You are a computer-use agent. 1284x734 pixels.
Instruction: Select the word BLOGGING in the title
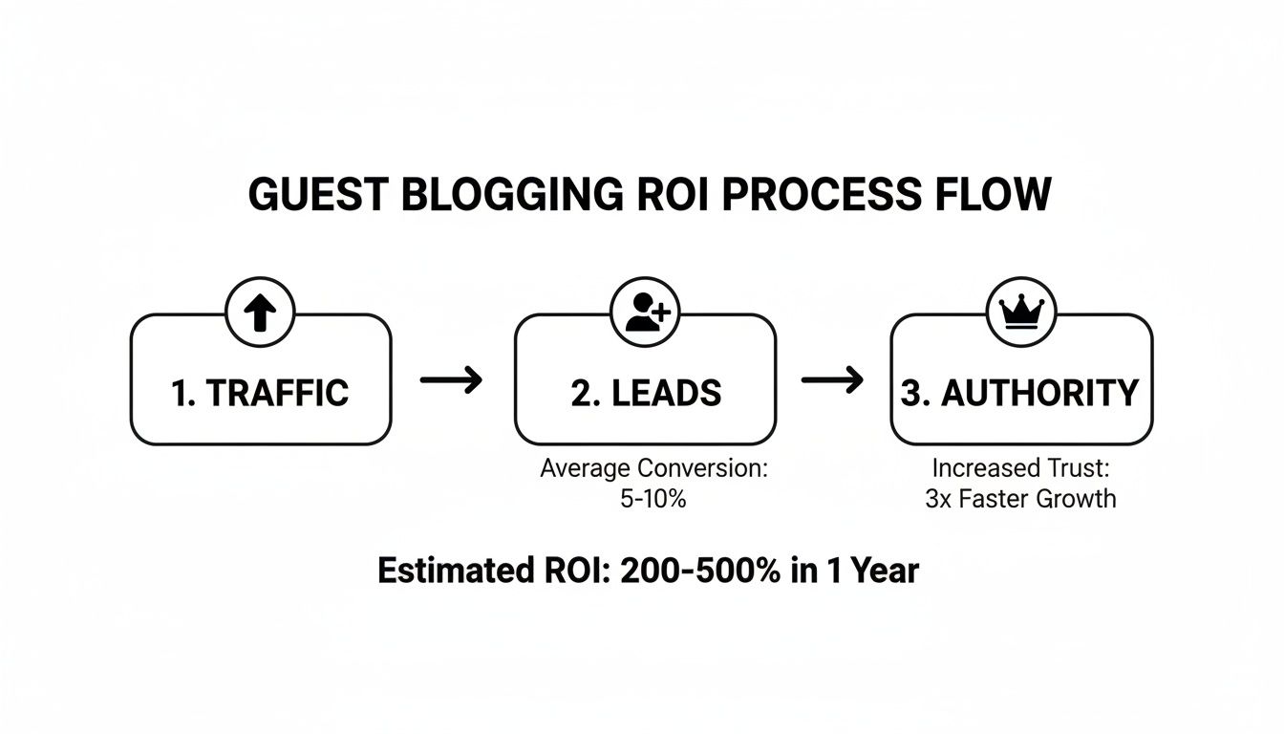click(x=507, y=195)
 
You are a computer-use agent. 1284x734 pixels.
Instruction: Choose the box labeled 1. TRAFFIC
click(x=260, y=393)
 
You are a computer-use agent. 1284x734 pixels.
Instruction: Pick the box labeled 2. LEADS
click(x=645, y=393)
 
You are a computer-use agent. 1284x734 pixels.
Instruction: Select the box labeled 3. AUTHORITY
click(x=1020, y=393)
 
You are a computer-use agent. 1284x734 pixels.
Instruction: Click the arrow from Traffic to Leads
click(x=452, y=380)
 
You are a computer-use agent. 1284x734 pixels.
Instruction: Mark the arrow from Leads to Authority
click(x=832, y=380)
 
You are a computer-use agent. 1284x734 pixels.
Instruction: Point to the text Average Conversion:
click(x=654, y=469)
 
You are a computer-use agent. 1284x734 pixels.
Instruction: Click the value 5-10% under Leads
click(x=653, y=498)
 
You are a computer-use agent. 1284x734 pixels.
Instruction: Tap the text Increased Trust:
click(x=1019, y=469)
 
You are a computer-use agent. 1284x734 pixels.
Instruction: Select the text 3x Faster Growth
click(x=1019, y=498)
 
